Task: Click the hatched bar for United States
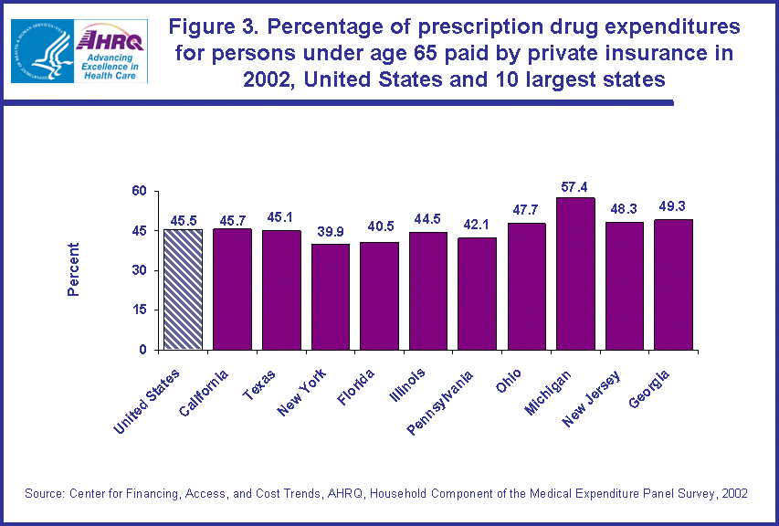point(183,289)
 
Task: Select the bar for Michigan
point(575,274)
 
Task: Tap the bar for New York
point(331,297)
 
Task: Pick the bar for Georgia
point(673,284)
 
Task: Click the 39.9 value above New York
point(331,233)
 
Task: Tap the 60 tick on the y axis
point(138,191)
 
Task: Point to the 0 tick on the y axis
point(142,349)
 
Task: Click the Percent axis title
point(73,269)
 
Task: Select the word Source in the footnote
point(45,493)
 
